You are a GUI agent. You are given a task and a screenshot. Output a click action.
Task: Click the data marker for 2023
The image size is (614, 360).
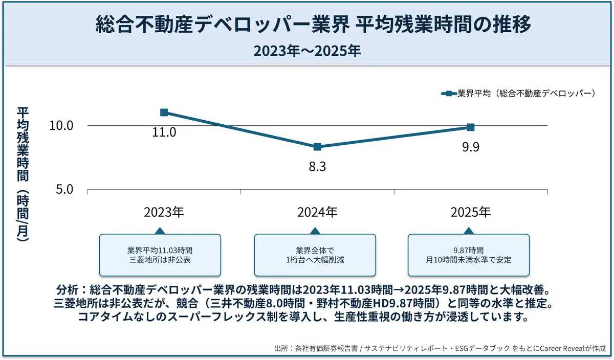coord(164,112)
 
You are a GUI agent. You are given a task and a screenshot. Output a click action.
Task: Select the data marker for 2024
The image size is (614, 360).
coord(317,147)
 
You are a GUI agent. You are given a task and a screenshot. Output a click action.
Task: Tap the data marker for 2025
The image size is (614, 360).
coord(471,127)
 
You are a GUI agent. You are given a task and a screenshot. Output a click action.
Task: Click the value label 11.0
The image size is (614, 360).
coord(164,132)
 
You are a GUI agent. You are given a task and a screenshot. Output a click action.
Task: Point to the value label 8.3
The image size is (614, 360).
coord(317,167)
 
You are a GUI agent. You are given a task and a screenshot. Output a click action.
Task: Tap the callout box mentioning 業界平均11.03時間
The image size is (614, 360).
coord(160,255)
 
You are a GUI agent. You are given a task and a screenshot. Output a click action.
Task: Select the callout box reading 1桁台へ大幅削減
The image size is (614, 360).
coord(315,255)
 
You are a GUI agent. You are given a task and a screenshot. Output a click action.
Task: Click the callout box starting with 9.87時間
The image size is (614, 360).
coord(468,255)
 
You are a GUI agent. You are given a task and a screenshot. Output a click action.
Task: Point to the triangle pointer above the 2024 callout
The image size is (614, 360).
coord(315,231)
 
